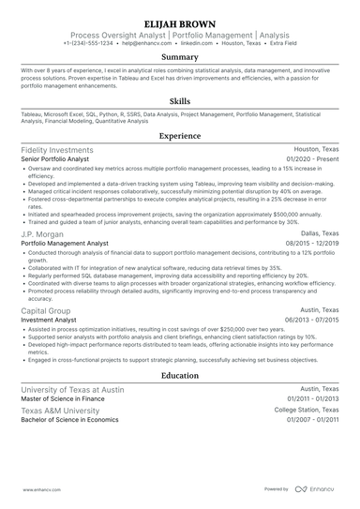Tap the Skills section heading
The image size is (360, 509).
[x=179, y=101]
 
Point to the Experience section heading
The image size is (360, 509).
[x=179, y=136]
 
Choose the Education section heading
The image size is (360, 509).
[x=179, y=376]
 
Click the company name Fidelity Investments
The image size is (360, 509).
[x=61, y=150]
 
